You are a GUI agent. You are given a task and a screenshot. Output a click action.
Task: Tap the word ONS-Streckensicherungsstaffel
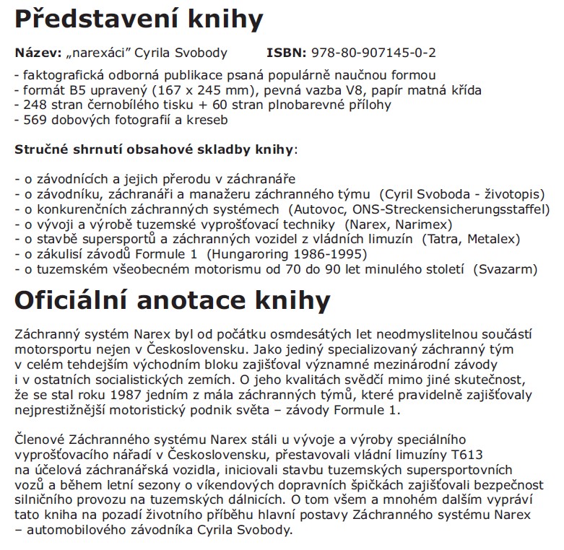(x=440, y=209)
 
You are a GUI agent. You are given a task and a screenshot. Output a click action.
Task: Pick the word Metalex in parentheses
(x=493, y=239)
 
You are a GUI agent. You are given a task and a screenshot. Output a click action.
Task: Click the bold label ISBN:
(x=287, y=53)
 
